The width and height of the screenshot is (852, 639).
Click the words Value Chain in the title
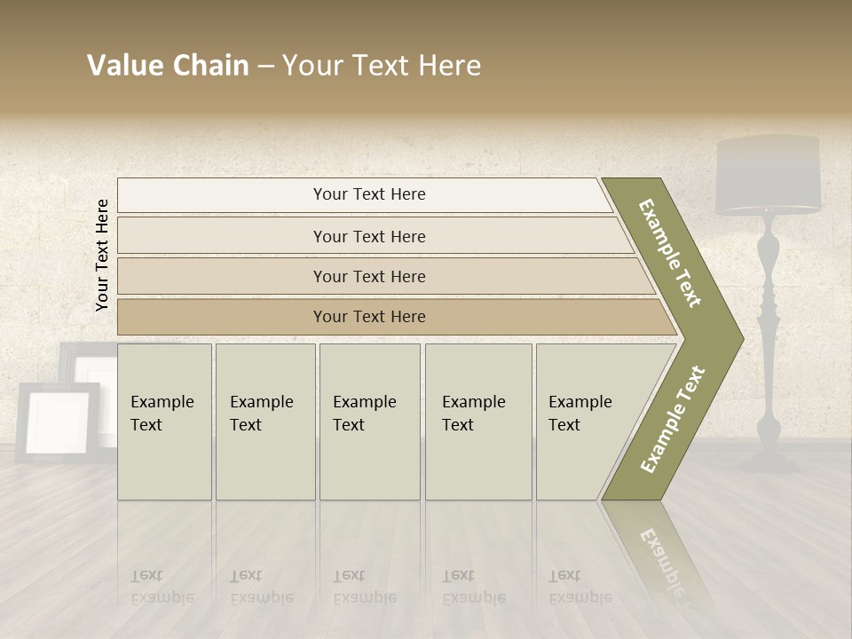[168, 66]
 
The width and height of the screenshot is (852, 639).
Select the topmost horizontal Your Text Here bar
[368, 194]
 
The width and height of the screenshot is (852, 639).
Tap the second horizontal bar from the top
[368, 236]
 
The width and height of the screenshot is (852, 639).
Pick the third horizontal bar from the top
[368, 276]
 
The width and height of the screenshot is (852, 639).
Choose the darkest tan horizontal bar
[368, 317]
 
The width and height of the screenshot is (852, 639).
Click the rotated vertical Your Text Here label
[103, 255]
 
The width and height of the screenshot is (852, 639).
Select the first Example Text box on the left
[164, 422]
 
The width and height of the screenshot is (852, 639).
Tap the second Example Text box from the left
[264, 422]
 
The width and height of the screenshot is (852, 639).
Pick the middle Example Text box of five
[369, 422]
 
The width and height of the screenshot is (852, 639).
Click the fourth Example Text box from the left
[477, 422]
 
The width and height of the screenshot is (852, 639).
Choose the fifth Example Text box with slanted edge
[586, 422]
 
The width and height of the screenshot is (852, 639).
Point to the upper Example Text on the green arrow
[670, 253]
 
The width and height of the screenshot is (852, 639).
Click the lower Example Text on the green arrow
[673, 420]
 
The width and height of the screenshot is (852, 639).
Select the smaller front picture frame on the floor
[59, 422]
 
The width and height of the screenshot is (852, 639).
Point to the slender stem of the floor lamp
[768, 337]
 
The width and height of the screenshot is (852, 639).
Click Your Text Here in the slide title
[382, 66]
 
